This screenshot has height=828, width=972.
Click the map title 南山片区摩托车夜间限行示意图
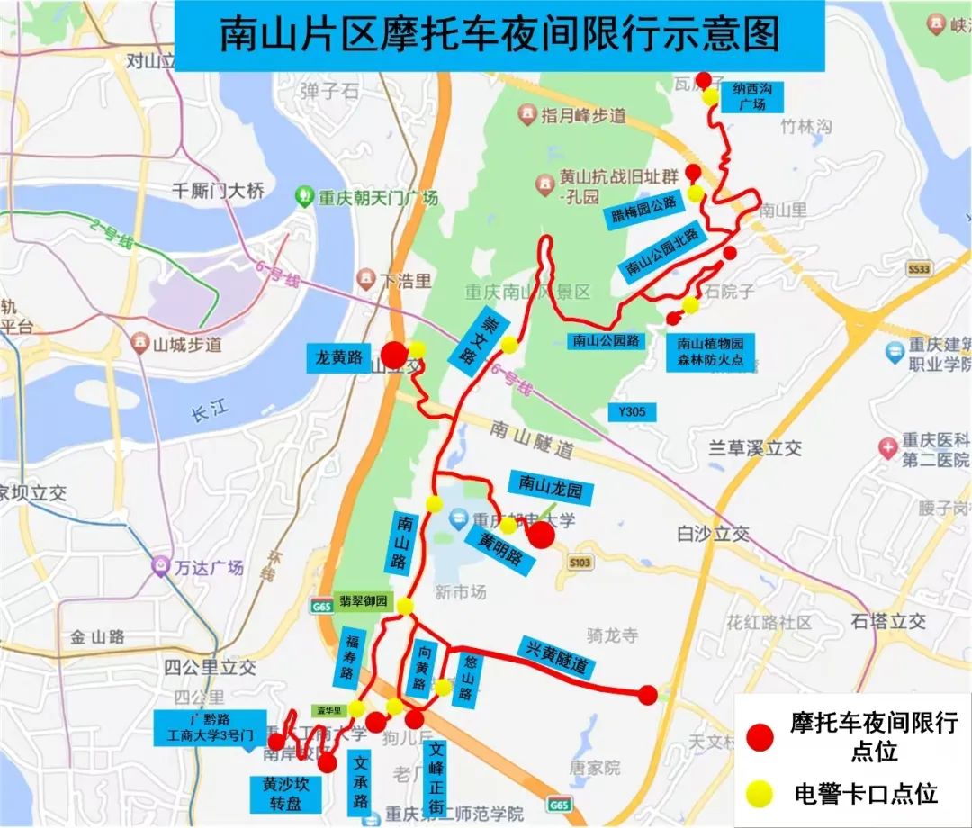[x=499, y=36]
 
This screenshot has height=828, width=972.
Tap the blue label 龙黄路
[x=339, y=357]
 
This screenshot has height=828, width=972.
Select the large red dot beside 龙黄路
[x=393, y=355]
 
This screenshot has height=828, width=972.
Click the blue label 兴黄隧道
[x=557, y=655]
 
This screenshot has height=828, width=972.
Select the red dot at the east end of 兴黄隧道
[x=648, y=694]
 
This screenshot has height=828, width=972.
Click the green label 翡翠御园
[x=364, y=601]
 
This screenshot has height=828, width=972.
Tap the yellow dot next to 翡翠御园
[x=405, y=606]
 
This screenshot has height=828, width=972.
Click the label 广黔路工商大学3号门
[x=211, y=727]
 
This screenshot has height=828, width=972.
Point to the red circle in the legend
[x=760, y=737]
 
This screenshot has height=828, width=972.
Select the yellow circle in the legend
[x=760, y=792]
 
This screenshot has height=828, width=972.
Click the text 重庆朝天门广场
[x=377, y=197]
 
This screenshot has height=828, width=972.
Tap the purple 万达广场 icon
[x=160, y=566]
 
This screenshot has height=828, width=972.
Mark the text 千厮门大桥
[x=219, y=190]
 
